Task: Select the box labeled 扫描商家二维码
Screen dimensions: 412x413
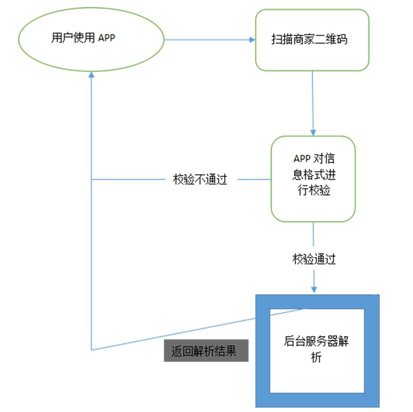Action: point(312,40)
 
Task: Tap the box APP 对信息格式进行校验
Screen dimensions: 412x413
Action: point(313,178)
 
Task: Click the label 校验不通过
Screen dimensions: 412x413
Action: point(200,180)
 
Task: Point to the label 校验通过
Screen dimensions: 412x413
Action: point(314,259)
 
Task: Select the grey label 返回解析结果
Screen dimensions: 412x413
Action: point(206,351)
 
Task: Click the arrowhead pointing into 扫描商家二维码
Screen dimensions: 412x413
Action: point(253,40)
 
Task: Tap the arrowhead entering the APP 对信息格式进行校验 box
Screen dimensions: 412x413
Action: point(313,132)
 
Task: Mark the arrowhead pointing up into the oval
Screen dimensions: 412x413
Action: point(91,74)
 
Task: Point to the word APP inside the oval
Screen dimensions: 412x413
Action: point(107,38)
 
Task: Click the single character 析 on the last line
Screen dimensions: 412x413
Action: point(316,358)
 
